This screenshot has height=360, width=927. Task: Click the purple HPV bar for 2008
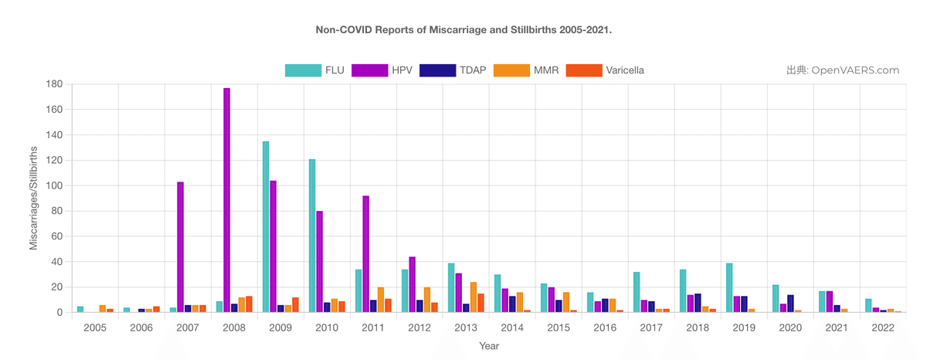[x=226, y=200]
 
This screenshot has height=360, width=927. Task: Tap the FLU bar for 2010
[x=312, y=236]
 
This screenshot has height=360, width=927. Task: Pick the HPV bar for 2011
[x=366, y=254]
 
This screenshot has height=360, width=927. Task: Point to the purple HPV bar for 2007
[x=180, y=247]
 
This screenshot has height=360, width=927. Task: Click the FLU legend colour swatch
[x=303, y=70]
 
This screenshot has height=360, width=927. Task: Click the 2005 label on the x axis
[x=95, y=328]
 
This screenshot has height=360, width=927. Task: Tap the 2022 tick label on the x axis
[x=883, y=328]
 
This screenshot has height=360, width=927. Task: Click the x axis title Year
[x=489, y=346]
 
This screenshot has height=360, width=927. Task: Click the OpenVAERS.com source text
[x=855, y=70]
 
